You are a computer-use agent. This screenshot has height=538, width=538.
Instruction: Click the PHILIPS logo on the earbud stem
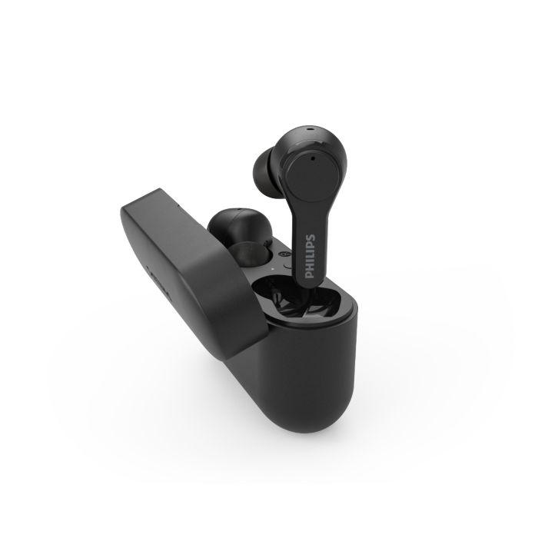click(x=310, y=257)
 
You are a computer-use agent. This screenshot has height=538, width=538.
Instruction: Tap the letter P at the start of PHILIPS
click(x=310, y=275)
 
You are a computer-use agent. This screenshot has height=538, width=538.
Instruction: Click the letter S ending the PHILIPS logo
click(x=311, y=237)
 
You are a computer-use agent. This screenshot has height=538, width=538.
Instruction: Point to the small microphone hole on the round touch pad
click(x=313, y=158)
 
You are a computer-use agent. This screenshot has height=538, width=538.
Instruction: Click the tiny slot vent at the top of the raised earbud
click(x=310, y=130)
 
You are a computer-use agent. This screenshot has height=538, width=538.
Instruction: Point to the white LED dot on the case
click(x=272, y=269)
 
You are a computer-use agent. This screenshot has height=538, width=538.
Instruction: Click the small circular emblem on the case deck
click(x=284, y=254)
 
